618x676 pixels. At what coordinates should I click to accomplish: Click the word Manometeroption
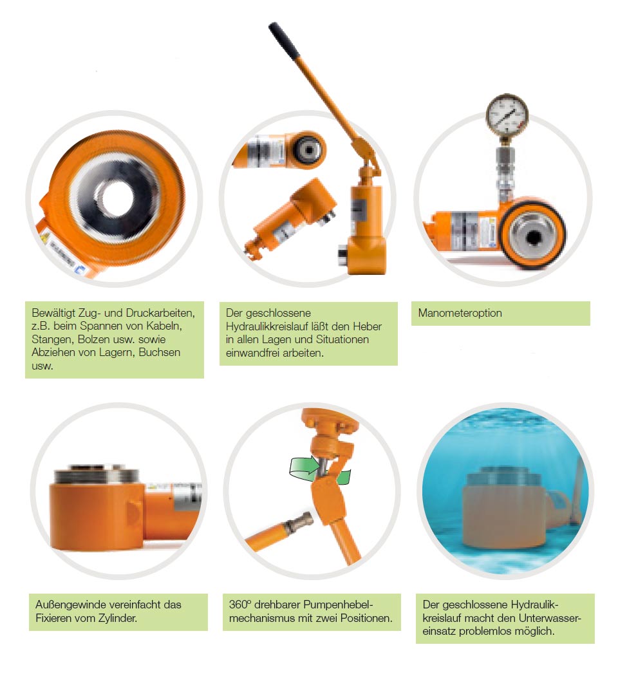460,314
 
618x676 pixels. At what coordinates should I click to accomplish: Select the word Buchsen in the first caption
161,352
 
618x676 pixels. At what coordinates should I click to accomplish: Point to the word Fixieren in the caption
54,619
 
